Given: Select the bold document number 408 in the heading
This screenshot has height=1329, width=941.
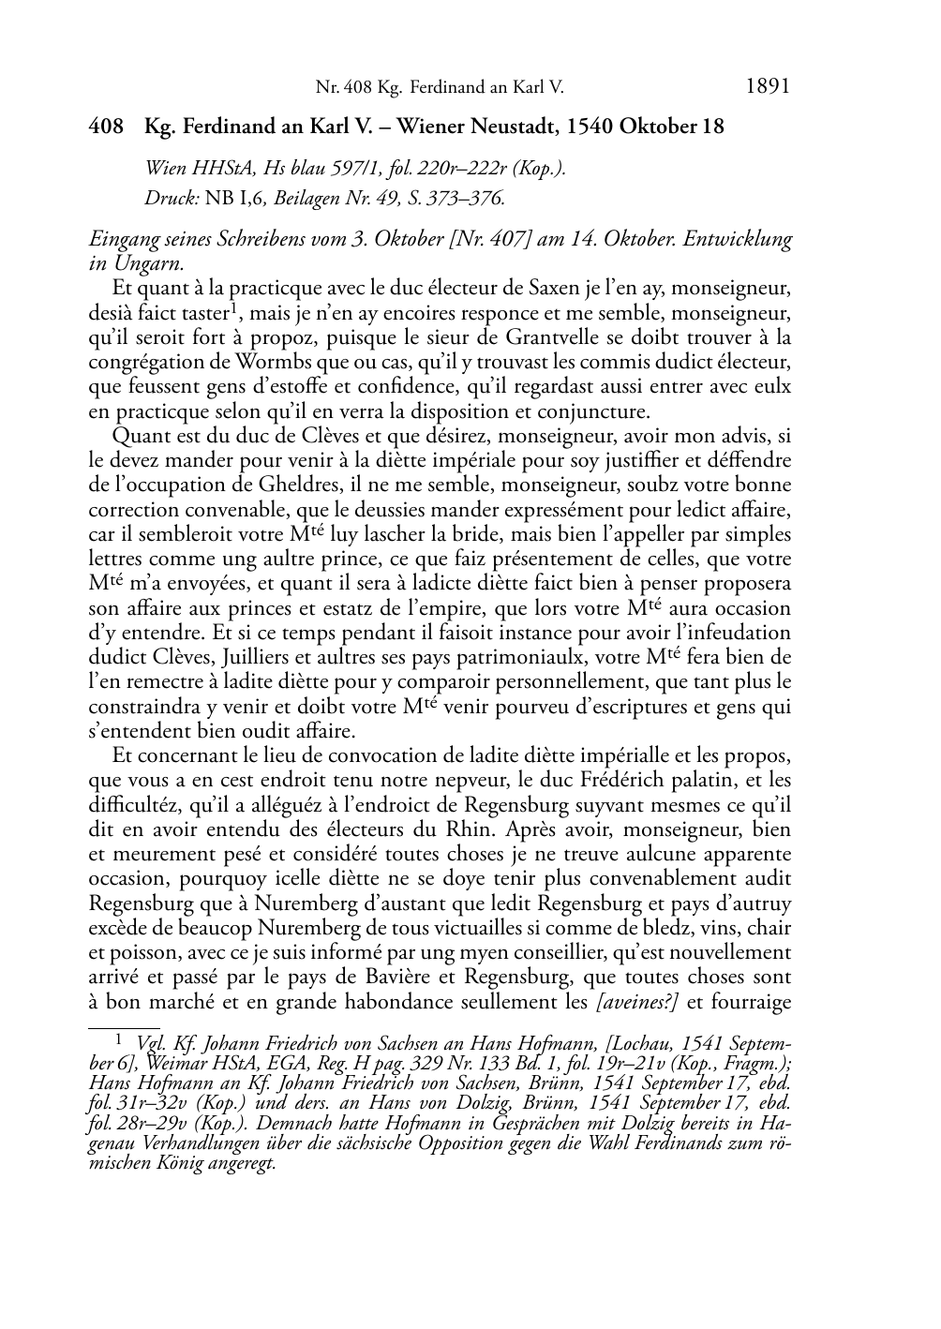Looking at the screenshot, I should pyautogui.click(x=106, y=127).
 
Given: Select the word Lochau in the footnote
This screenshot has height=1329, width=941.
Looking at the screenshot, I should pyautogui.click(x=641, y=1044).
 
